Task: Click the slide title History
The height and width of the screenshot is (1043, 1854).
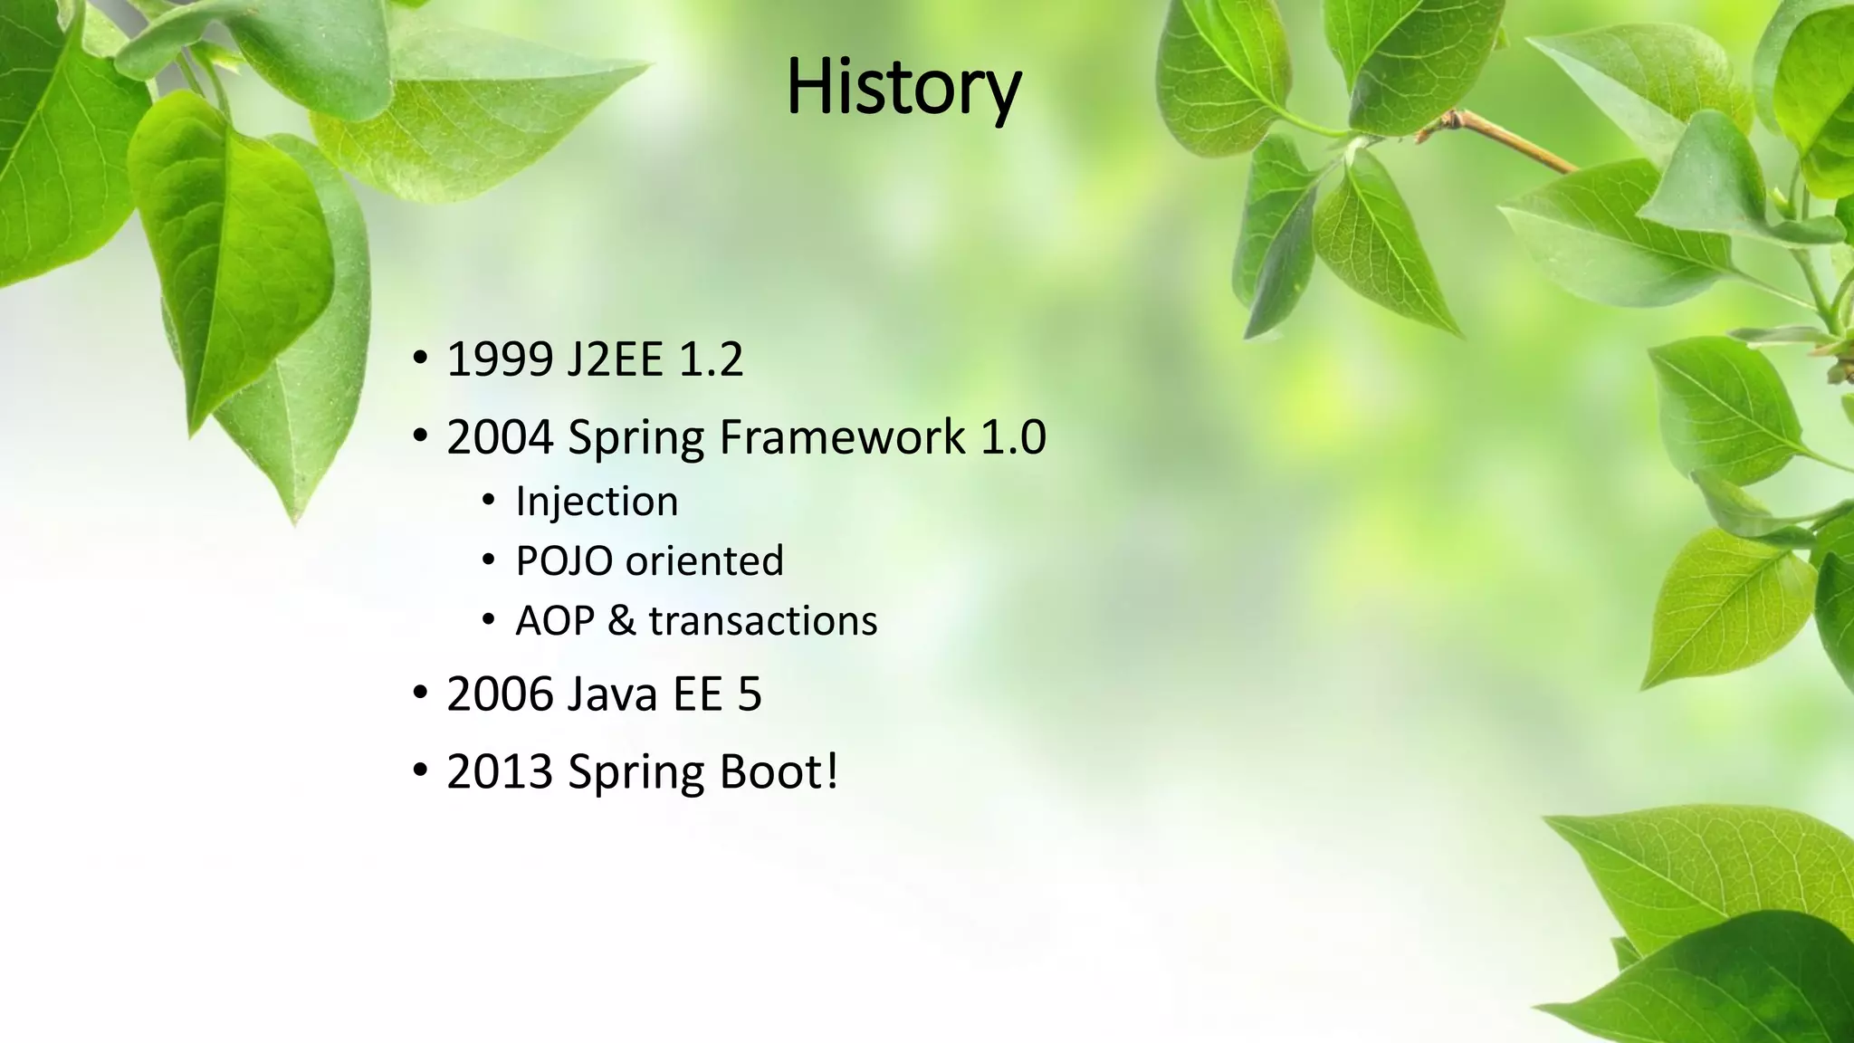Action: [903, 87]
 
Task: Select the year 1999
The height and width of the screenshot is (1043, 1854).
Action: [500, 359]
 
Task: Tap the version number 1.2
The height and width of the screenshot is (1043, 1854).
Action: [711, 359]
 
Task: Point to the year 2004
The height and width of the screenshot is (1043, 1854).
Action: [500, 437]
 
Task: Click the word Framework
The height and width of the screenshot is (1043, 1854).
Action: [842, 437]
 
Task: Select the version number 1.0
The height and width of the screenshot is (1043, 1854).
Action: [1014, 437]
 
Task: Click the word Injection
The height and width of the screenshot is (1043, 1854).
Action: [597, 502]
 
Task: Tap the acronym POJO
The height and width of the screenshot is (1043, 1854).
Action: [564, 561]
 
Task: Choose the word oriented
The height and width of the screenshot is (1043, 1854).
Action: [704, 561]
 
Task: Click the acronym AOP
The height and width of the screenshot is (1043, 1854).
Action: [554, 621]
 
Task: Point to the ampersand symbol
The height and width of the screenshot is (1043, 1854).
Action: [622, 621]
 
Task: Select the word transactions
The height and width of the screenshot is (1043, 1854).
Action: [763, 621]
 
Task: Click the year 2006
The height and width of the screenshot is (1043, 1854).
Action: [500, 694]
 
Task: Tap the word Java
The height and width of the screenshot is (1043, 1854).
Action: [613, 694]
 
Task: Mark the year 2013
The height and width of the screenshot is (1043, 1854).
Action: [500, 772]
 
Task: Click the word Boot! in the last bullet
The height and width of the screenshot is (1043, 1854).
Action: [779, 772]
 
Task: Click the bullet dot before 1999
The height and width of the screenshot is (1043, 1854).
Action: [419, 359]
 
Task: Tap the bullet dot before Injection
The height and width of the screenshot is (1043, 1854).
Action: [489, 501]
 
